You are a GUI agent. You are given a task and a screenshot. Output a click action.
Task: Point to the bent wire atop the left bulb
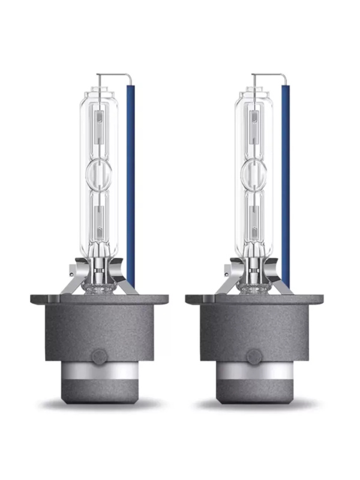point(114,75)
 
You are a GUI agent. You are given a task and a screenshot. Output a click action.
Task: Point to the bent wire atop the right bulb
point(269,75)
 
